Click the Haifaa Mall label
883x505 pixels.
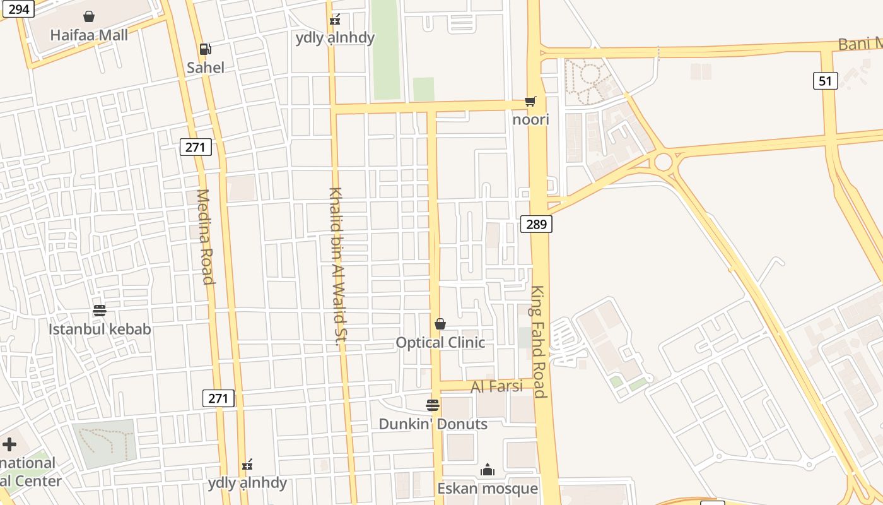[89, 35]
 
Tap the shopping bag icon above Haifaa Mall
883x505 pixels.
[89, 16]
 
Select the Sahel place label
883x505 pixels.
[206, 67]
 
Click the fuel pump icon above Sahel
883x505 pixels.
[205, 49]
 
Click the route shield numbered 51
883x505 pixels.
[825, 81]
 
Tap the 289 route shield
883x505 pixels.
[536, 224]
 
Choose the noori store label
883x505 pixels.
[531, 119]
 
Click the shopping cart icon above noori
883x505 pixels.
[530, 102]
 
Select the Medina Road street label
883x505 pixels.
[206, 237]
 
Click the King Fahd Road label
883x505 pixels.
[538, 341]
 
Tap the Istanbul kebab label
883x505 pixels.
[100, 329]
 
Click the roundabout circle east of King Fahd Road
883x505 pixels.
[663, 162]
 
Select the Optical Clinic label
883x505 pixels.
[440, 342]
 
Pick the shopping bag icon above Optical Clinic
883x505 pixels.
[440, 324]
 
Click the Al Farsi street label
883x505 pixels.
[497, 386]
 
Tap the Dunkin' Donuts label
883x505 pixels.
[433, 424]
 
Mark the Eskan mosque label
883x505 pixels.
[488, 488]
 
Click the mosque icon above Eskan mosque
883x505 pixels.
[488, 470]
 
